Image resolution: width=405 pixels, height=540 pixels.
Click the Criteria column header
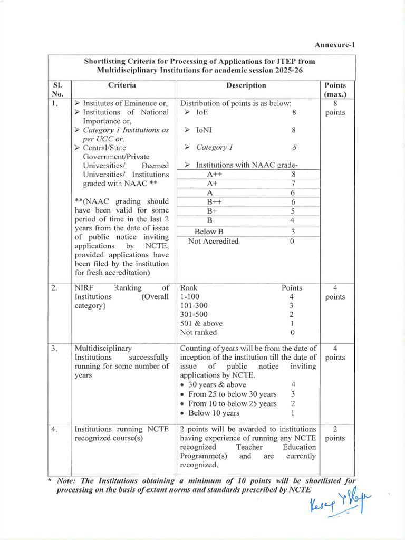(x=122, y=85)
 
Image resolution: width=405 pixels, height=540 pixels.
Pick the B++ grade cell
(x=214, y=202)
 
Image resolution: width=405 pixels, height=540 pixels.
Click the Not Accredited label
(x=214, y=241)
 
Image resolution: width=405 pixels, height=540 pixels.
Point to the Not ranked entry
(x=198, y=332)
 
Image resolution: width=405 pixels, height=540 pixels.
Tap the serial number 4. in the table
(x=55, y=429)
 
